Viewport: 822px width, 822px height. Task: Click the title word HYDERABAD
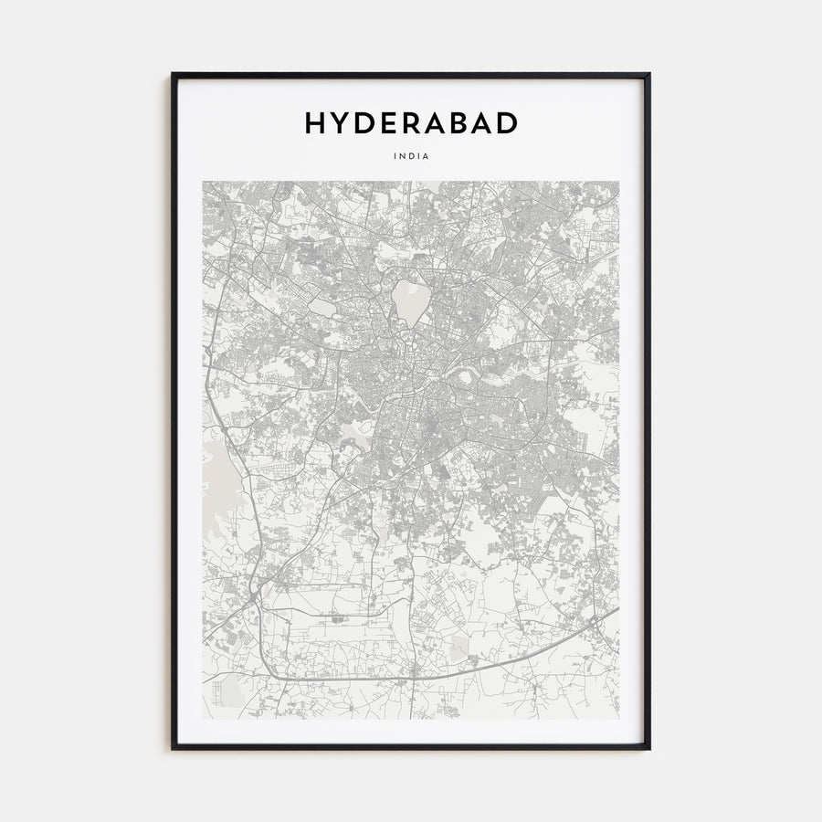coord(411,123)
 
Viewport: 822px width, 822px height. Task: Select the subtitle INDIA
coord(411,156)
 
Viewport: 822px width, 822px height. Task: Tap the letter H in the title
coord(315,123)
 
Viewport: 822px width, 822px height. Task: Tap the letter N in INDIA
coord(403,156)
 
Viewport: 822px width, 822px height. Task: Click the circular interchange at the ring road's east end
coord(595,622)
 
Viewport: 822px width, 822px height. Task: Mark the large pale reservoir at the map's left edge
coord(219,475)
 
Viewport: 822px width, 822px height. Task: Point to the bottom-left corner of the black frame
coord(173,748)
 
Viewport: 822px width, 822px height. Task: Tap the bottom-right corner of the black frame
coord(648,748)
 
